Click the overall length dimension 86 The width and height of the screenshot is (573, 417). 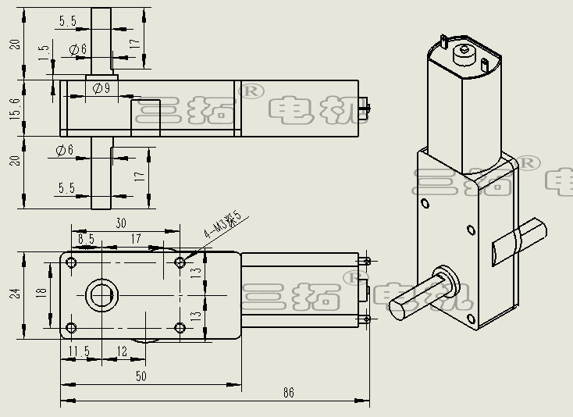click(290, 394)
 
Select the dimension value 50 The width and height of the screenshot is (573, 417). click(141, 376)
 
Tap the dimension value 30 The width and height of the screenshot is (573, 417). click(121, 223)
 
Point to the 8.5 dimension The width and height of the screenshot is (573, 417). click(87, 238)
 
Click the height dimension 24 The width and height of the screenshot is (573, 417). click(13, 294)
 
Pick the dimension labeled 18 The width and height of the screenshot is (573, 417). click(41, 294)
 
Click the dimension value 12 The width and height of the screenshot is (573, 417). click(122, 352)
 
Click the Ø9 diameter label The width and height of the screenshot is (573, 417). click(101, 88)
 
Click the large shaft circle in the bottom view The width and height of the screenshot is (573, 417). click(100, 295)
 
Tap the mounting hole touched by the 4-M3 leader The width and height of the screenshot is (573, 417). click(180, 262)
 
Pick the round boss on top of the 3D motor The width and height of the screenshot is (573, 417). click(465, 52)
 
